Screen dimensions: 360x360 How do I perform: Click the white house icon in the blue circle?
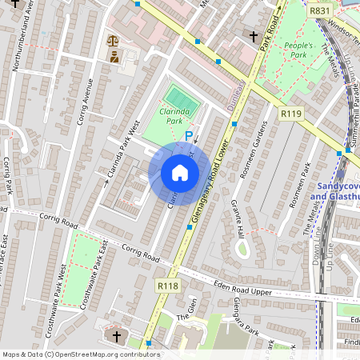(180, 173)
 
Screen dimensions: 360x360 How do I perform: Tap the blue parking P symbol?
(190, 137)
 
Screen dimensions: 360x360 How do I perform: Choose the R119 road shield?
(290, 115)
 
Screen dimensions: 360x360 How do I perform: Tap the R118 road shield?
(167, 285)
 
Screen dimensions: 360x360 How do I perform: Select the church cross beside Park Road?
(254, 36)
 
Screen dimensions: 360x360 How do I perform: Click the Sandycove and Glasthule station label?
(334, 190)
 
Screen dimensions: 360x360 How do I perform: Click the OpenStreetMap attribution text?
(80, 354)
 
